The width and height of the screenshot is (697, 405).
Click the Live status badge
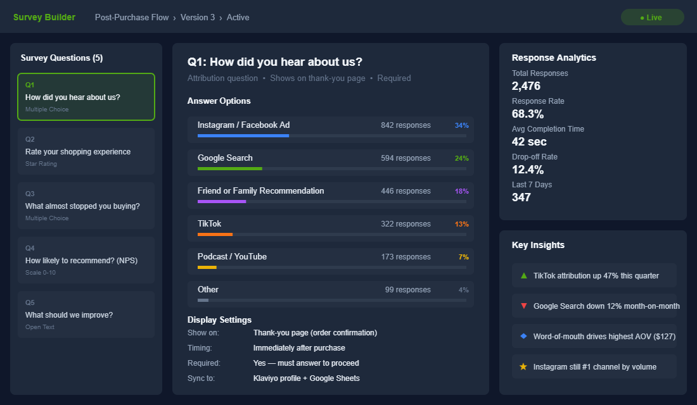pyautogui.click(x=652, y=17)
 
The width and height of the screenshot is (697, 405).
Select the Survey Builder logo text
pyautogui.click(x=44, y=17)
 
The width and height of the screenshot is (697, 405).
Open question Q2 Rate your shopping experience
pyautogui.click(x=86, y=151)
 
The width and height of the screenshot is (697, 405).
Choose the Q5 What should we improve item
pyautogui.click(x=86, y=315)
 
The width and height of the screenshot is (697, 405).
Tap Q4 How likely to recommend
pyautogui.click(x=86, y=260)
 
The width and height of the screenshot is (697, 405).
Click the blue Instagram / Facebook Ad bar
pyautogui.click(x=243, y=135)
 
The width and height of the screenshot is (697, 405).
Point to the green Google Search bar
pyautogui.click(x=230, y=168)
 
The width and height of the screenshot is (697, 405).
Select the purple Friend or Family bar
pyautogui.click(x=222, y=201)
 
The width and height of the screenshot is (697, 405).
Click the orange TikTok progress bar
pyautogui.click(x=215, y=234)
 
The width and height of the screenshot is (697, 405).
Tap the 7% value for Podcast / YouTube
pyautogui.click(x=464, y=257)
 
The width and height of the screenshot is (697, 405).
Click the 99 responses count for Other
pyautogui.click(x=407, y=290)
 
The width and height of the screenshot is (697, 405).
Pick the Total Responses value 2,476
pyautogui.click(x=526, y=86)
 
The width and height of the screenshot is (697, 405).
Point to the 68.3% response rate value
pyautogui.click(x=527, y=114)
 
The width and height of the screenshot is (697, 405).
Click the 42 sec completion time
pyautogui.click(x=529, y=142)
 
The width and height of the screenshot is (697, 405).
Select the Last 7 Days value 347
pyautogui.click(x=521, y=197)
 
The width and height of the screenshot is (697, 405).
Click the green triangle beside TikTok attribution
pyautogui.click(x=523, y=275)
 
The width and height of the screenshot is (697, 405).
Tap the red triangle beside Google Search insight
pyautogui.click(x=523, y=306)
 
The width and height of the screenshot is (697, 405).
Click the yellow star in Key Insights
pyautogui.click(x=523, y=366)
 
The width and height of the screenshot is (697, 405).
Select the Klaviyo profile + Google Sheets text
pyautogui.click(x=306, y=378)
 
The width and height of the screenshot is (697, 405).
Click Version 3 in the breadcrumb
pyautogui.click(x=198, y=17)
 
